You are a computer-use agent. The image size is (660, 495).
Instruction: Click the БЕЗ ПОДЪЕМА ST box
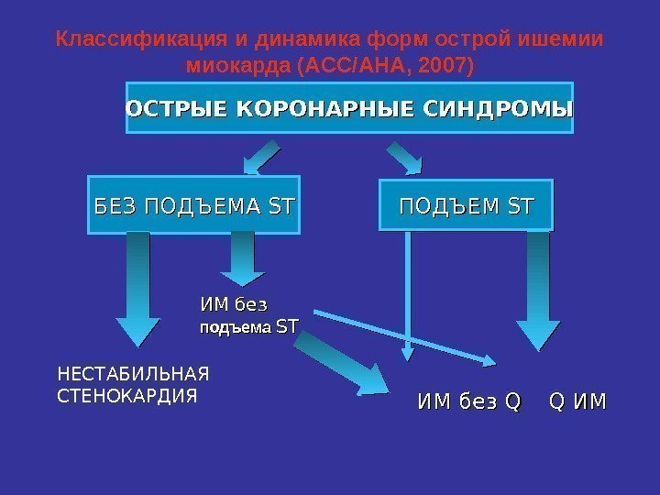point(195,202)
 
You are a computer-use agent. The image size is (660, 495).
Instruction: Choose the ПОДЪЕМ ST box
point(466,202)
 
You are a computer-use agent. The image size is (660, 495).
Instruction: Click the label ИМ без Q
point(468,401)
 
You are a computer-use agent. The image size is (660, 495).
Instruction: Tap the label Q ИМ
point(577,401)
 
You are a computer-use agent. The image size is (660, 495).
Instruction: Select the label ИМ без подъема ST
point(248,314)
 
